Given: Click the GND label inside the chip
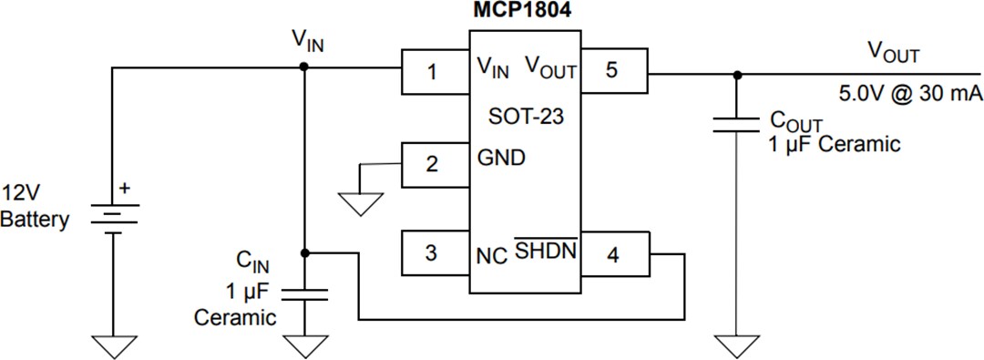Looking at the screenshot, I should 501,158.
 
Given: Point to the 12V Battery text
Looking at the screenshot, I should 35,207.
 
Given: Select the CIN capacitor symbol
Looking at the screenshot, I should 303,293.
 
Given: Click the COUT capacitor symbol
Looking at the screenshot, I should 736,123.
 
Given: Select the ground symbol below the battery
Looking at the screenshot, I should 112,345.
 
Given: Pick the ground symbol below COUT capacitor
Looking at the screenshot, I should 736,345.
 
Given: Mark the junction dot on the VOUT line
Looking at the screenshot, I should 736,75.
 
